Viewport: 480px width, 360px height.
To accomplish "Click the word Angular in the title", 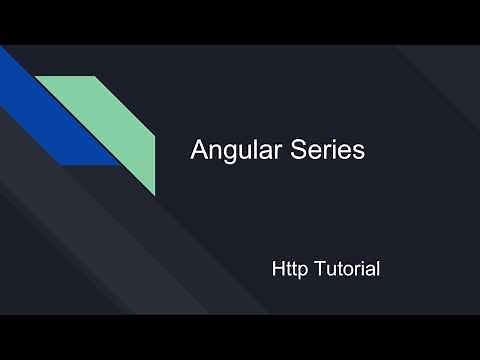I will [236, 151].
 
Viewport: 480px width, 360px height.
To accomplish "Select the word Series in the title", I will [328, 151].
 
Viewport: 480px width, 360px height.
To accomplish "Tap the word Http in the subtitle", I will [289, 269].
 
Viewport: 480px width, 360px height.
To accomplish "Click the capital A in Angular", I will [199, 151].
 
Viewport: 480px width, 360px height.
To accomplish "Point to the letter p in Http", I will [302, 271].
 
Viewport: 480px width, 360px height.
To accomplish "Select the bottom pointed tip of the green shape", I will [154, 192].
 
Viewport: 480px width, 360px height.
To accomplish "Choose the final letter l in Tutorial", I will [378, 269].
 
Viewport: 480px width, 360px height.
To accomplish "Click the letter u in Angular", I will [242, 152].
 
